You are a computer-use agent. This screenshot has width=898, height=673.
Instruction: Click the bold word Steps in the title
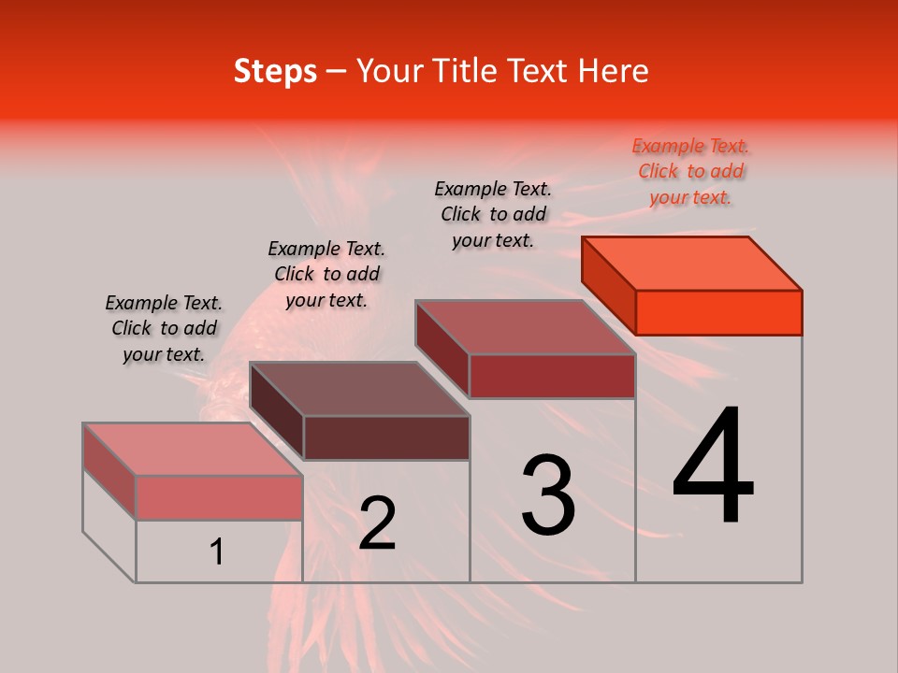tap(274, 71)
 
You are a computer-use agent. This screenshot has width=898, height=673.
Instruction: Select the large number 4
tap(713, 466)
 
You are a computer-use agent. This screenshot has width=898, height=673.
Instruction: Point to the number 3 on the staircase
tap(547, 494)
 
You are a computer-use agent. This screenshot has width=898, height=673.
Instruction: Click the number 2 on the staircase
tap(377, 523)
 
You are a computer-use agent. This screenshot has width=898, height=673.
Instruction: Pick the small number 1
tap(217, 552)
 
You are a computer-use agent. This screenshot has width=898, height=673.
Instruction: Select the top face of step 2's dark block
tap(359, 389)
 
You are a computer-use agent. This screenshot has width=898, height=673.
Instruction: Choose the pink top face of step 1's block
tap(193, 449)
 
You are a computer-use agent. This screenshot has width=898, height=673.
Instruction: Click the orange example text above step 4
tap(690, 172)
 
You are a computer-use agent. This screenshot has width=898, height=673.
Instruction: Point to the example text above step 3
tap(493, 214)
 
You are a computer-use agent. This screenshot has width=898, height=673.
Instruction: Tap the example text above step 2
tap(326, 274)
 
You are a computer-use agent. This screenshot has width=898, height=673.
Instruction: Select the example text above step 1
tap(164, 328)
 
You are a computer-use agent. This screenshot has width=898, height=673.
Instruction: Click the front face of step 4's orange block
tap(718, 312)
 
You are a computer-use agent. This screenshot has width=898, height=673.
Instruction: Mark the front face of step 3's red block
tap(552, 376)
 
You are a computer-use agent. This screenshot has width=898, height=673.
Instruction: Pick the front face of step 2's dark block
tap(386, 437)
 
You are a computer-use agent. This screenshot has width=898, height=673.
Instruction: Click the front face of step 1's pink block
tap(219, 497)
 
